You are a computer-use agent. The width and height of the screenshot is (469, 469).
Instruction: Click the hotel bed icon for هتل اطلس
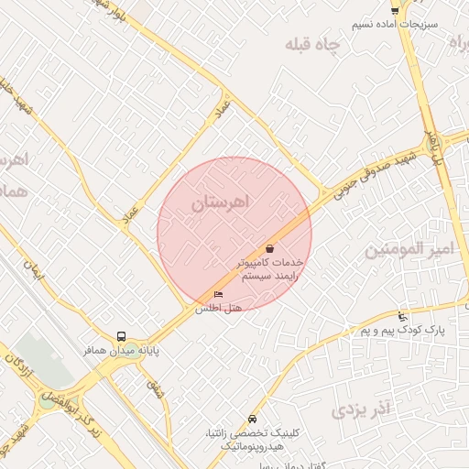click(218, 294)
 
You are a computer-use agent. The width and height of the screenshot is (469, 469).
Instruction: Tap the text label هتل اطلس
click(218, 309)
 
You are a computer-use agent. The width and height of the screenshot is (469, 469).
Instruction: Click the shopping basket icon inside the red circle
click(270, 248)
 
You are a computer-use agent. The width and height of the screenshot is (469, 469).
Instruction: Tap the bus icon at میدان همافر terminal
click(122, 336)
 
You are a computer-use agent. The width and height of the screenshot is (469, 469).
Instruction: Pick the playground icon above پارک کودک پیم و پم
click(402, 316)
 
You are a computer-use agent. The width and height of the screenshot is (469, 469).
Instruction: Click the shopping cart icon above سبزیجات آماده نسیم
click(395, 10)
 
